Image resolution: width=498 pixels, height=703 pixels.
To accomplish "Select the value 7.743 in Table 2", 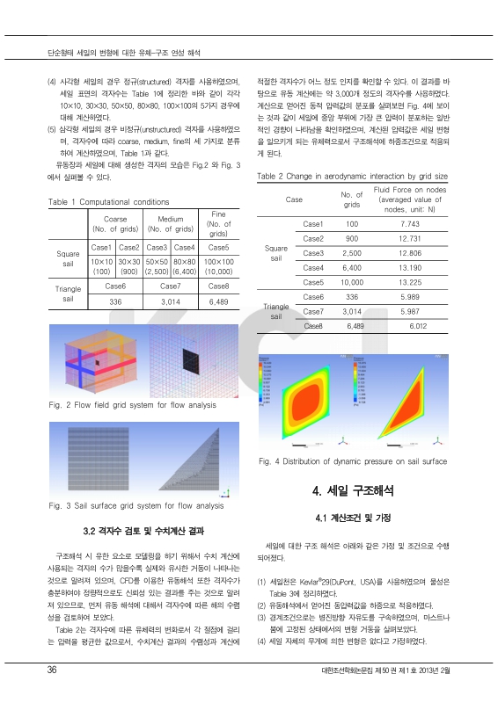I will click(414, 224).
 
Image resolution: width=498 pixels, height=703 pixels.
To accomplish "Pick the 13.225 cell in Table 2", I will click(414, 282).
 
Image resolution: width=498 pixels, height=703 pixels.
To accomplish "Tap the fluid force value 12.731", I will click(414, 239).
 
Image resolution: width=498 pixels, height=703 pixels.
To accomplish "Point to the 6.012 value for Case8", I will click(414, 325).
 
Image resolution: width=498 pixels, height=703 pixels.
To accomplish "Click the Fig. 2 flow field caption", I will click(132, 405).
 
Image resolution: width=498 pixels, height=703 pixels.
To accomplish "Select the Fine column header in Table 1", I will click(219, 223).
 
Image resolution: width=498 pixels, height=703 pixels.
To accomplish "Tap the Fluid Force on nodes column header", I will click(410, 199).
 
